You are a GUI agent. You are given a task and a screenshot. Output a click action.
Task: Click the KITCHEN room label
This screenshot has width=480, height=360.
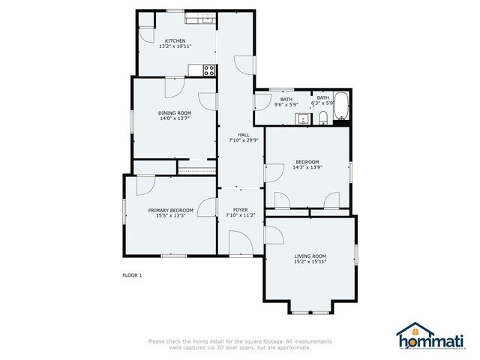pyautogui.click(x=175, y=40)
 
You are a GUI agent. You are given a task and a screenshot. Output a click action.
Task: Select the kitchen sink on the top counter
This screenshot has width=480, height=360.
pyautogui.click(x=199, y=19)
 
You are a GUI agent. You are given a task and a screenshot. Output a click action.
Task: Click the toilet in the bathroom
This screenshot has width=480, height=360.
pyautogui.click(x=322, y=117)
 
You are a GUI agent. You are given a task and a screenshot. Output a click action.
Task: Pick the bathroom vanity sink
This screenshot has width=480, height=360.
pyautogui.click(x=301, y=118)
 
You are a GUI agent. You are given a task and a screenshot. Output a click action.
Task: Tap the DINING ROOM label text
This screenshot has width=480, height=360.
pyautogui.click(x=174, y=112)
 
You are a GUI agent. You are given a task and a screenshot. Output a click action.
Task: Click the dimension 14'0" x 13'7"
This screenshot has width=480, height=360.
pyautogui.click(x=174, y=118)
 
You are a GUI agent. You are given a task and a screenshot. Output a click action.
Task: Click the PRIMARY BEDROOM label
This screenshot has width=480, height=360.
pyautogui.click(x=170, y=210)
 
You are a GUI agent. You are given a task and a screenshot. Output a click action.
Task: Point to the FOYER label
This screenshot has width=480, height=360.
pyautogui.click(x=240, y=210)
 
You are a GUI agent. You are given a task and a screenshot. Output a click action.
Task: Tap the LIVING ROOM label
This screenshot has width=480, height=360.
pyautogui.click(x=309, y=256)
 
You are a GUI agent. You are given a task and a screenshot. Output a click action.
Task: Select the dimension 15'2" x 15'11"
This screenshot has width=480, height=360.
pyautogui.click(x=309, y=262)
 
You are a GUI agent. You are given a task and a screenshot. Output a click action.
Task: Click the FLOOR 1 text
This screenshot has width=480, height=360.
pyautogui.click(x=132, y=275)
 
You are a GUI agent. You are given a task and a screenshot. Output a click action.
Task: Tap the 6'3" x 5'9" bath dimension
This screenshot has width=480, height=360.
pyautogui.click(x=322, y=103)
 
